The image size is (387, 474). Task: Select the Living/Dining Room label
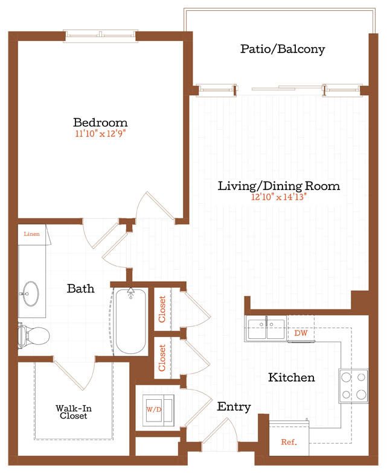[279, 186]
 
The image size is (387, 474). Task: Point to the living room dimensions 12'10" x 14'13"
[279, 197]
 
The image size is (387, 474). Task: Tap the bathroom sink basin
[28, 295]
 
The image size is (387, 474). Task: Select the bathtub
[130, 321]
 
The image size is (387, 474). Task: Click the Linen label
[31, 233]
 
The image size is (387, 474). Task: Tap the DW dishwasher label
[301, 332]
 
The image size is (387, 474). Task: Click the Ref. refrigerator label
[289, 442]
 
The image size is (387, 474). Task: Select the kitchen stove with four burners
[354, 386]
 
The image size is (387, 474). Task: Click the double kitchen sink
[266, 329]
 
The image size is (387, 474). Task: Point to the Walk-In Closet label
[72, 412]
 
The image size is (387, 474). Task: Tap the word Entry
[234, 407]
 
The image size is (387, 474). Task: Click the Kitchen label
[291, 378]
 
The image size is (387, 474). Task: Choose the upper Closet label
[162, 309]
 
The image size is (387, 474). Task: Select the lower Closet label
[162, 357]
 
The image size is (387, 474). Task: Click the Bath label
[80, 289]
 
